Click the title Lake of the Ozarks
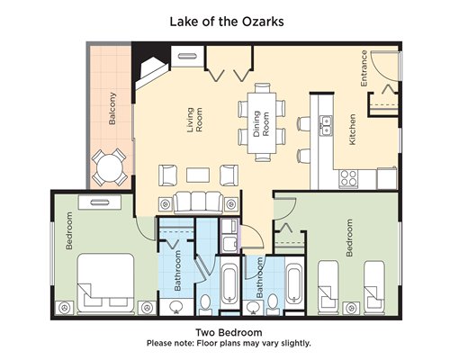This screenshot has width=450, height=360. click(227, 22)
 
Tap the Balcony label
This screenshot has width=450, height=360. click(112, 108)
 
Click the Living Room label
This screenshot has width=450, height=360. click(194, 120)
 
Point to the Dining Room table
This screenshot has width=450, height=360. click(262, 122)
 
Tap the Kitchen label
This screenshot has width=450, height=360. click(352, 130)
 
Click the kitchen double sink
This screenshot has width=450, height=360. click(326, 125)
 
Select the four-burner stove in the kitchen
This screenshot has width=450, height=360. click(348, 179)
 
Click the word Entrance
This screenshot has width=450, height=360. click(364, 68)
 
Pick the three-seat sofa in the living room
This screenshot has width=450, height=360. click(198, 202)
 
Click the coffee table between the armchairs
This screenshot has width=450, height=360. click(198, 175)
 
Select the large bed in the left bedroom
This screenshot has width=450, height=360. click(105, 283)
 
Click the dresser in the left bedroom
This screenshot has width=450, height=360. click(100, 202)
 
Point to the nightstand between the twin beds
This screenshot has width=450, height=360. click(351, 308)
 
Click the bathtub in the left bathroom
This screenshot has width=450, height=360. click(229, 283)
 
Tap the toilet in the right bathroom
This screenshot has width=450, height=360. click(273, 303)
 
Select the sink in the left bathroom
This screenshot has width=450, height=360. click(176, 307)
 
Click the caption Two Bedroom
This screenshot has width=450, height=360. click(229, 332)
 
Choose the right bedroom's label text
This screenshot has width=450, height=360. click(349, 238)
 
